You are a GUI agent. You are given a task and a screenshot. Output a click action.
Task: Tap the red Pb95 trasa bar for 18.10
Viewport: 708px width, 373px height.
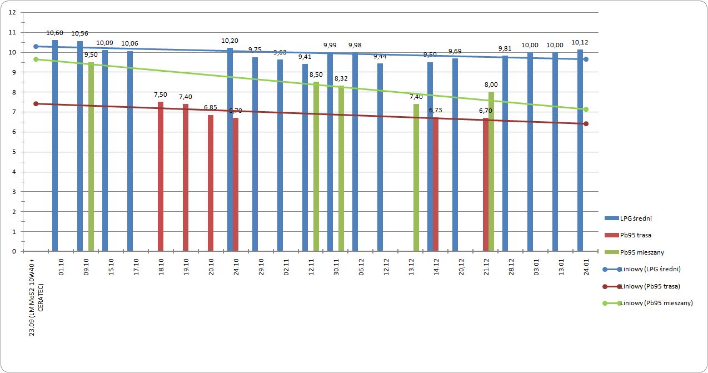pos(161,176)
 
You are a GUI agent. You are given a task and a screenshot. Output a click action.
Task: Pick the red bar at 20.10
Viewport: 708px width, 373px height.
pos(211,183)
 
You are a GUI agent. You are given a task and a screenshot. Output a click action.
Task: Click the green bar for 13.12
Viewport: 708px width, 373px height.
pos(416,177)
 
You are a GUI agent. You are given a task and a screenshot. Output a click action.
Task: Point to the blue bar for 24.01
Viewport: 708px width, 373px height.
pos(580,150)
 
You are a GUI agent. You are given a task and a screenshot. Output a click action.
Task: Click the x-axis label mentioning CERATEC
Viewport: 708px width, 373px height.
pos(36,297)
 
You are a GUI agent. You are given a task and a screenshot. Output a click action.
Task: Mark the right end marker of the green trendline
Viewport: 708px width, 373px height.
pos(586,110)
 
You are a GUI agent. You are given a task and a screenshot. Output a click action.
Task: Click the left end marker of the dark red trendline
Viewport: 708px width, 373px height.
pos(36,103)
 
